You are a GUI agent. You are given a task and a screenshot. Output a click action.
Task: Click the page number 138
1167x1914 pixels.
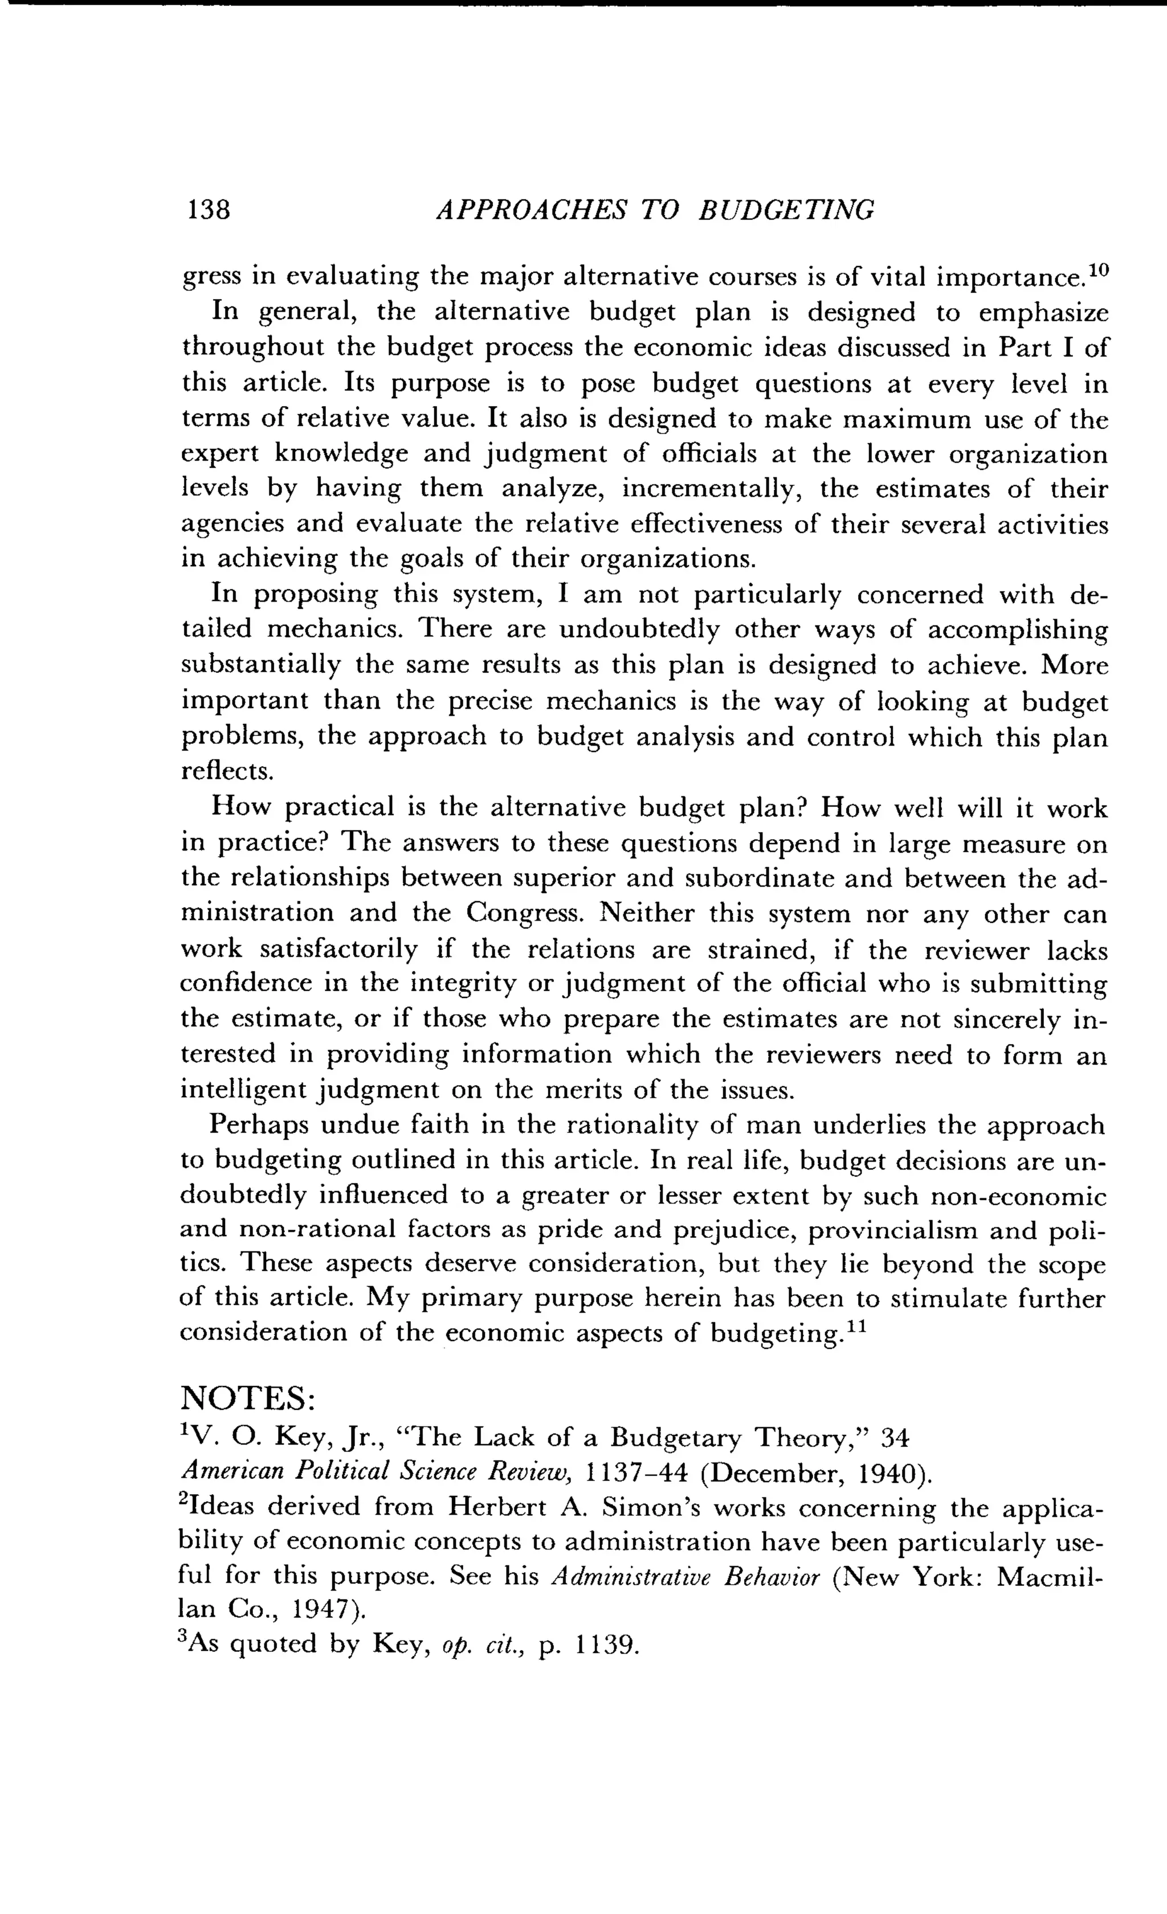click(x=207, y=210)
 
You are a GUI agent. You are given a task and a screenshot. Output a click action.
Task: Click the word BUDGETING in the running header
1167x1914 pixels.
click(x=786, y=210)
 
